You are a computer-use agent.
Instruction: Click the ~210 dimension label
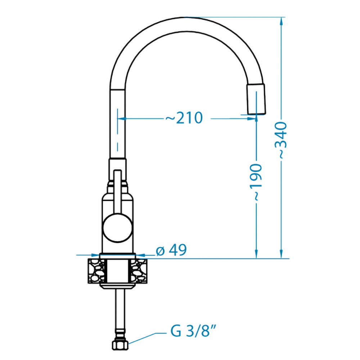184,118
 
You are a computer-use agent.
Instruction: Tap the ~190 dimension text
256,182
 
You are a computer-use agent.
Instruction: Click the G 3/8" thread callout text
193,330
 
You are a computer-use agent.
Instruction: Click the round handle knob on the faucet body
118,228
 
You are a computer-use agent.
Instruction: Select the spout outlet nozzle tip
256,99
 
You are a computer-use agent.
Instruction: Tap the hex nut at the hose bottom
120,345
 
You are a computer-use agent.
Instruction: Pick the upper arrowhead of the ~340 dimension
281,21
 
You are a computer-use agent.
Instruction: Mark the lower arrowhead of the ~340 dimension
281,255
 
